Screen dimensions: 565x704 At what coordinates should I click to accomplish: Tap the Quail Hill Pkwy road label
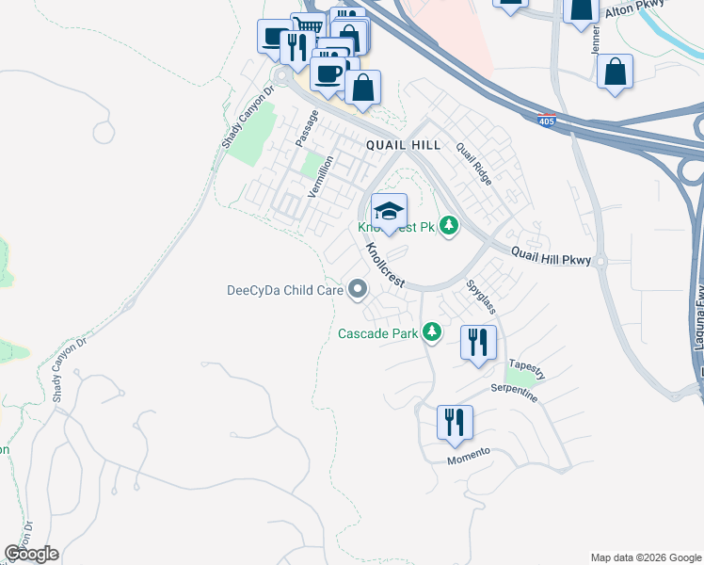[x=551, y=254]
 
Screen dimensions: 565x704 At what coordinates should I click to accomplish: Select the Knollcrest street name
[x=383, y=263]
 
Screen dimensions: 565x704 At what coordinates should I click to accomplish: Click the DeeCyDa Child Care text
[x=285, y=291]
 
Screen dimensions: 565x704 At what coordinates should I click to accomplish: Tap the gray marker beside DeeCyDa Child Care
[x=358, y=291]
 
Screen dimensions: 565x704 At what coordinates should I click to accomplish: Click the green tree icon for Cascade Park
[x=432, y=331]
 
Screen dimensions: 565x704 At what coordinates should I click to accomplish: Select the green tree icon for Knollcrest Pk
[x=450, y=226]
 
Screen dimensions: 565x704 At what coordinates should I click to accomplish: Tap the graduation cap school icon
[x=389, y=210]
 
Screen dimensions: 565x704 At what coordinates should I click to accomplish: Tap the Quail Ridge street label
[x=473, y=163]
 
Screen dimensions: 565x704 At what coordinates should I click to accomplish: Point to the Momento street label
[x=469, y=454]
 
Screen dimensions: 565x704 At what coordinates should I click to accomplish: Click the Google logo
[x=31, y=554]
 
